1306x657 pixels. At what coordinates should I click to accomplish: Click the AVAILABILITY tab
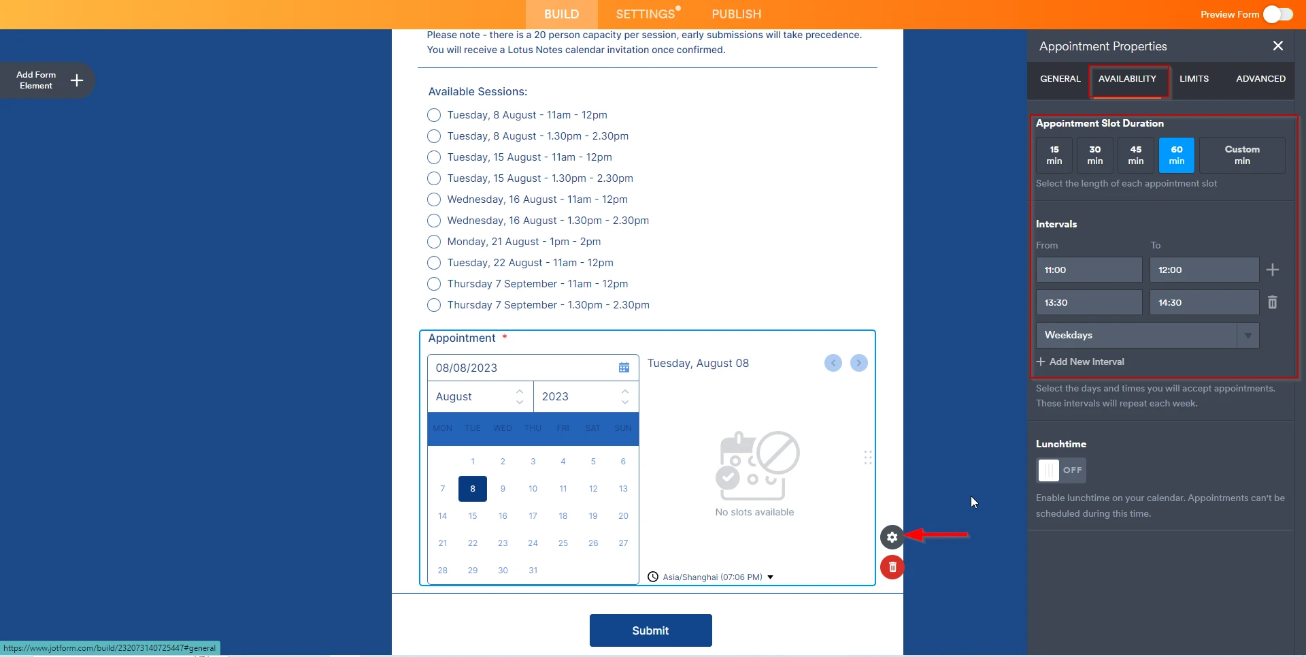point(1127,79)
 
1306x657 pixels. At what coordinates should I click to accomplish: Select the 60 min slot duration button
point(1176,155)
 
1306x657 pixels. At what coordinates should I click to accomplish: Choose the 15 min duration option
point(1054,155)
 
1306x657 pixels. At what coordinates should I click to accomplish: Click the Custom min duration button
point(1241,155)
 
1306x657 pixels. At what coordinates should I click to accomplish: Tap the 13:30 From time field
point(1088,303)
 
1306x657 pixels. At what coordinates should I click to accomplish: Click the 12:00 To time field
point(1203,270)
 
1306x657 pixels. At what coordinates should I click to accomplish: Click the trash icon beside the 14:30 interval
point(1272,302)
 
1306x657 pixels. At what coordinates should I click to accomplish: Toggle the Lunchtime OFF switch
point(1060,470)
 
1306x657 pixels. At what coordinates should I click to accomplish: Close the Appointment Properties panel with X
point(1277,46)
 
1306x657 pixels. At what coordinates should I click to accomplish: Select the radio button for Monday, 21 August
point(434,242)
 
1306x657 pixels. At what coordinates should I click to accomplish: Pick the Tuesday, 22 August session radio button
point(434,263)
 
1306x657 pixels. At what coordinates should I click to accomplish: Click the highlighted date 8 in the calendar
point(473,489)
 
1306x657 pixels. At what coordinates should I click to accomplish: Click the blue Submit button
point(650,630)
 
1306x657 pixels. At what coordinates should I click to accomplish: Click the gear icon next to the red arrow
point(892,537)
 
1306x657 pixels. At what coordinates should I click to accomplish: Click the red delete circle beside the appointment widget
point(892,567)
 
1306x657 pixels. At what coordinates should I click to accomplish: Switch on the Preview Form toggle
point(1277,14)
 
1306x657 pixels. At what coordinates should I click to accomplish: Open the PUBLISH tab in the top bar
point(736,14)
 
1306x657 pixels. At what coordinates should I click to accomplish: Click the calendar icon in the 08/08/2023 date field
point(624,368)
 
